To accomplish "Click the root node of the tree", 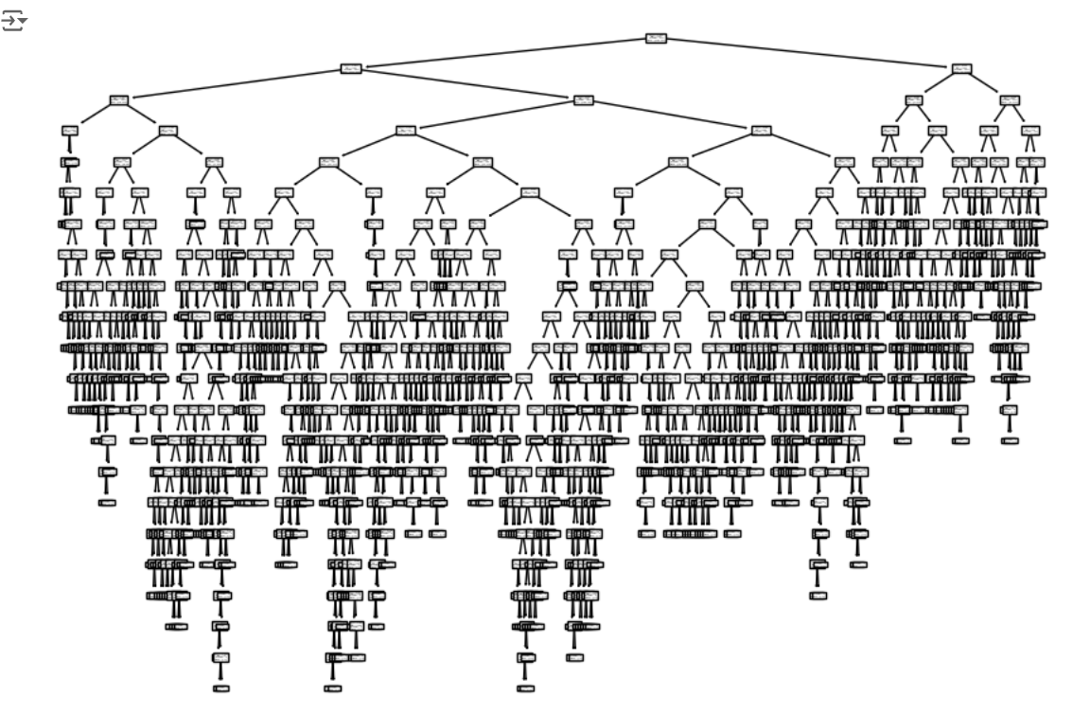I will point(656,38).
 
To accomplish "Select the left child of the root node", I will point(350,68).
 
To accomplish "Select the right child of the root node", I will point(961,68).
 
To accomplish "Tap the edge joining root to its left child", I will point(502,53).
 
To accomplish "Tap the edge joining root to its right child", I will point(809,53).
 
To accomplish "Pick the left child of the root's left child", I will point(118,99).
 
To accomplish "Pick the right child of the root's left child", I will point(583,99).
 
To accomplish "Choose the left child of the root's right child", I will point(913,99).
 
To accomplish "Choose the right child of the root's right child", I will point(1010,99).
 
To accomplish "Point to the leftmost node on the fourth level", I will point(69,131).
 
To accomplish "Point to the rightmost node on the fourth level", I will point(1030,131).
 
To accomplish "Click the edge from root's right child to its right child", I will point(986,83).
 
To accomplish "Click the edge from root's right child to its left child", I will point(937,83).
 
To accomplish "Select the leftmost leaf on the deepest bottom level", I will point(221,688).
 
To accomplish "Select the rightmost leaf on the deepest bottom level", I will point(525,688).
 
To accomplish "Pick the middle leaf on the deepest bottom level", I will point(331,688).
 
